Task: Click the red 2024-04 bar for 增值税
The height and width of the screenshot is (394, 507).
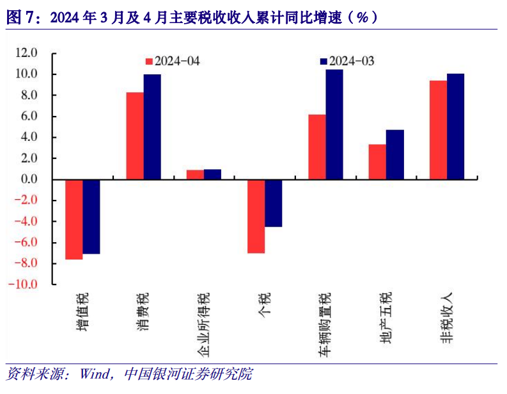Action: [x=74, y=219]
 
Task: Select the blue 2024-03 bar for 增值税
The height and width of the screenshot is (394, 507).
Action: [x=91, y=217]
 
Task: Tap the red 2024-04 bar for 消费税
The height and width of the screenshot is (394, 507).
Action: [x=134, y=136]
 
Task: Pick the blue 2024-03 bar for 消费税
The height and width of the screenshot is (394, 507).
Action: [x=152, y=127]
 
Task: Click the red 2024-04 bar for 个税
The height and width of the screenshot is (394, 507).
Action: [x=256, y=216]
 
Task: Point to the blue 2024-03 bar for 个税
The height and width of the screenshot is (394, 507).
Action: [x=274, y=203]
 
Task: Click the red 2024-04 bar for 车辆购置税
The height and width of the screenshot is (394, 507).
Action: [x=316, y=147]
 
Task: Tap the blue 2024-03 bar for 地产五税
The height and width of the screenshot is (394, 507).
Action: [x=395, y=154]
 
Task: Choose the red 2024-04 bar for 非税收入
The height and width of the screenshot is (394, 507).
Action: [x=438, y=129]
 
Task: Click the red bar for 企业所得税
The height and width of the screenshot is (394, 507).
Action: [x=195, y=174]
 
